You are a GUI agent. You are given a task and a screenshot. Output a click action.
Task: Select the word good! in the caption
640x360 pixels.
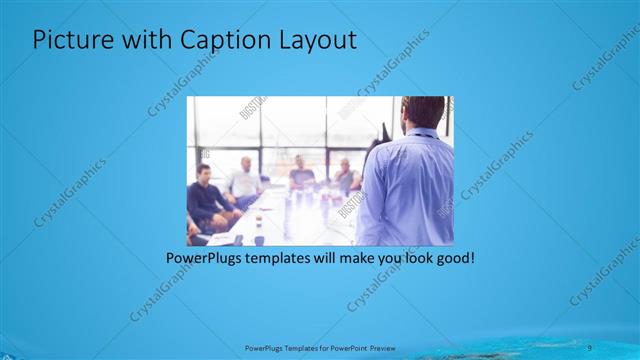[x=452, y=258]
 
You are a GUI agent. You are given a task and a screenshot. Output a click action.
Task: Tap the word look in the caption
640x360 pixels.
[x=410, y=258]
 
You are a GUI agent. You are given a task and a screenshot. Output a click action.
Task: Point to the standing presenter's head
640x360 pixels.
[x=420, y=113]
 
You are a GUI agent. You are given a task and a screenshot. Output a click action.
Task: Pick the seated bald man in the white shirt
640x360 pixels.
[x=243, y=180]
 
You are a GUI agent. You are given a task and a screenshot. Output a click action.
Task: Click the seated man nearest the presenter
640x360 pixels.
[x=345, y=177]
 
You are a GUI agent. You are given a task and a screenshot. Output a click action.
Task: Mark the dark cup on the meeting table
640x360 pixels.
[x=258, y=239]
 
